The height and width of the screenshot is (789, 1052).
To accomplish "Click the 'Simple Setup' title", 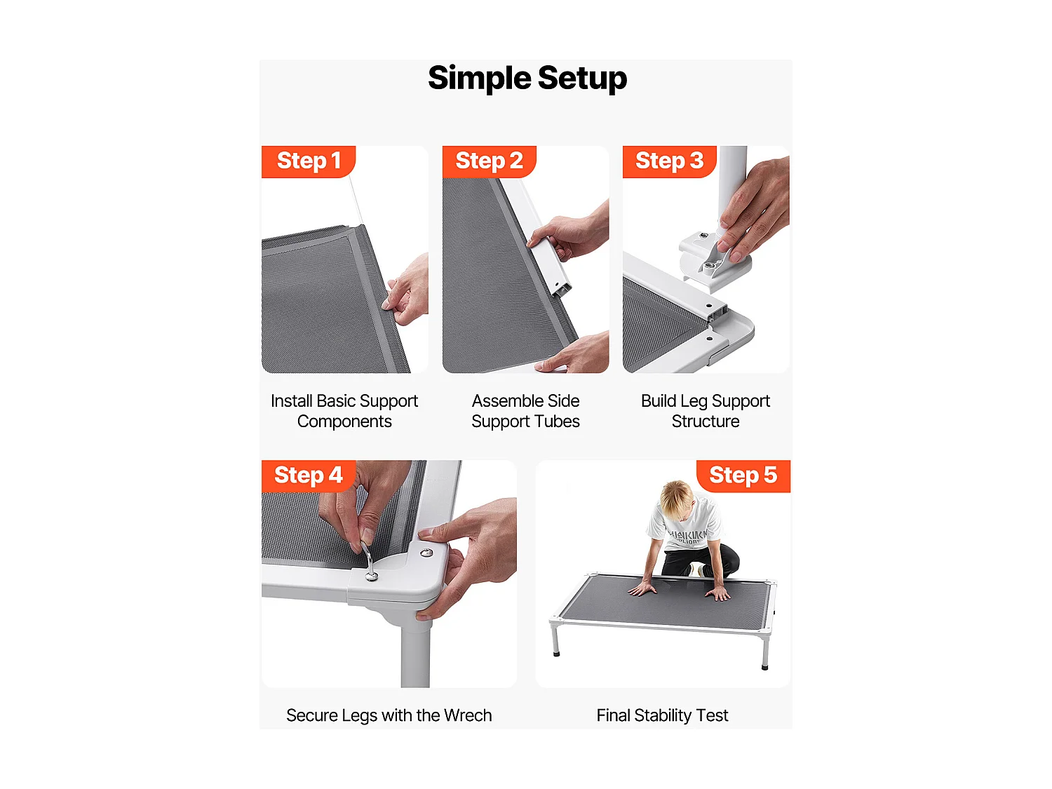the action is click(527, 78).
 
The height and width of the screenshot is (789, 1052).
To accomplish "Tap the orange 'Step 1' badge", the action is click(308, 161).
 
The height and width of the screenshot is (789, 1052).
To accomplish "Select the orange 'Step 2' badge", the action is click(489, 161).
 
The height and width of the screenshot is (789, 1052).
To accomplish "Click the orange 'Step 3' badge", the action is click(669, 161).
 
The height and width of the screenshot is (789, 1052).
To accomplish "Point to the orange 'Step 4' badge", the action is click(308, 476).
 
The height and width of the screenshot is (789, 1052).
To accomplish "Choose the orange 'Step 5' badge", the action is click(743, 476).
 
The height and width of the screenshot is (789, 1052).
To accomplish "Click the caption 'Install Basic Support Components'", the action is click(344, 411).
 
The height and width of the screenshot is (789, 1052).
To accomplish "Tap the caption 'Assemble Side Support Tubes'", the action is click(525, 411).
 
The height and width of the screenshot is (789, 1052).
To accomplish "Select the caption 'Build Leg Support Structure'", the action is click(706, 411).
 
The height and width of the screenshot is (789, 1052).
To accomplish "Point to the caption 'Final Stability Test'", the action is click(662, 715).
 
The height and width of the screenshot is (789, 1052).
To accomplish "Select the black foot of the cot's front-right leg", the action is click(764, 666).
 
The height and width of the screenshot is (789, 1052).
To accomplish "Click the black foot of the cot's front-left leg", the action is click(556, 652).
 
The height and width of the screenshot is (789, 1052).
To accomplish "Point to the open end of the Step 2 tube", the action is click(563, 290).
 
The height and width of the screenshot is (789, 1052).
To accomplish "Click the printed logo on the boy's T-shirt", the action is click(687, 536).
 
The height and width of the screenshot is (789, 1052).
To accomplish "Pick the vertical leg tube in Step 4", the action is click(415, 654).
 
